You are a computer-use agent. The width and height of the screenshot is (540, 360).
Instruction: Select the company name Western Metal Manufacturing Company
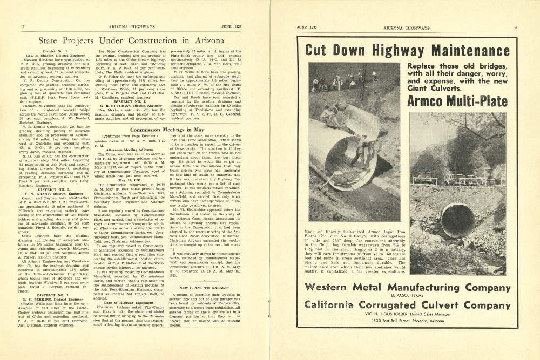(x=407, y=287)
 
